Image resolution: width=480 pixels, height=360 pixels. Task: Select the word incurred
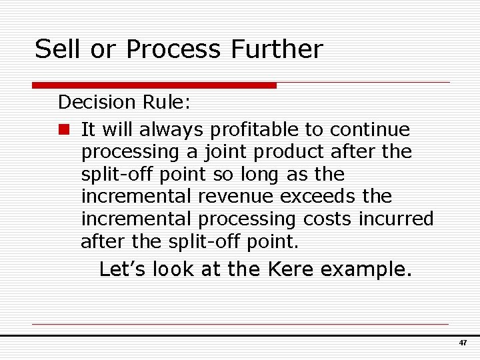[397, 219]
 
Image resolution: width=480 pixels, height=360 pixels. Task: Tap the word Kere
[293, 269]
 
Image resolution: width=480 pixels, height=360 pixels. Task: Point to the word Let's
[123, 269]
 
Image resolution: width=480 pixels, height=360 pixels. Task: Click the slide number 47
[463, 342]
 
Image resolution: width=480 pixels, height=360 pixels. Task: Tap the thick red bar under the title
[155, 85]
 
